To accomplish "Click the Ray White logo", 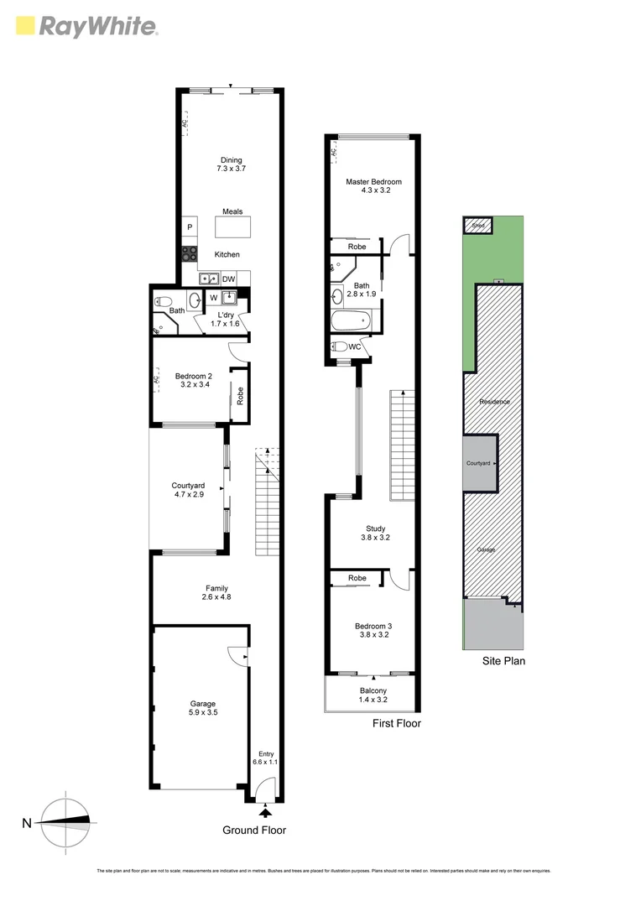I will click(x=86, y=27).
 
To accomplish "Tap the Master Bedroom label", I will click(x=373, y=186).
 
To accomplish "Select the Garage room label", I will click(x=202, y=709).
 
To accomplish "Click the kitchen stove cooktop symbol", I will click(x=190, y=253).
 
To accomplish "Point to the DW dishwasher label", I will click(x=228, y=279).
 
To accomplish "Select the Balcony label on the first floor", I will click(x=373, y=694).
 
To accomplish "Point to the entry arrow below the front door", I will click(x=266, y=811).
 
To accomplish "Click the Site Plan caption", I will click(x=503, y=661).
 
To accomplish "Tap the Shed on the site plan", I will click(x=477, y=226).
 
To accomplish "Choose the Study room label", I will click(x=373, y=534).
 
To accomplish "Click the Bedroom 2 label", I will click(x=193, y=381).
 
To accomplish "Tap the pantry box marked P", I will click(x=190, y=227).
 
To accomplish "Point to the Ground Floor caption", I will click(x=253, y=830).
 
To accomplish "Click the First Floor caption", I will click(x=397, y=723).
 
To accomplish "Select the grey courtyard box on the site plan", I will click(x=480, y=463).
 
